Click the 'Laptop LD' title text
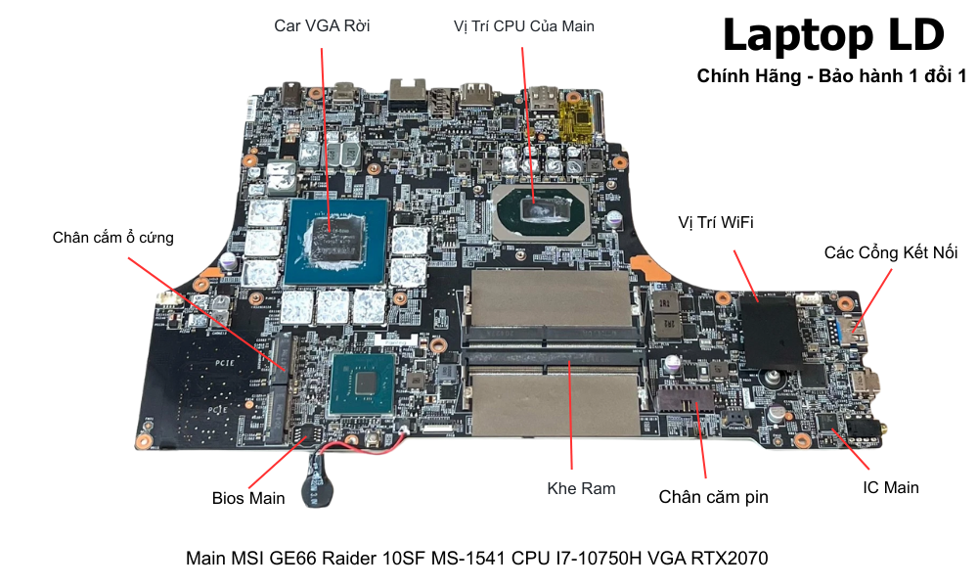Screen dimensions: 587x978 click(x=833, y=35)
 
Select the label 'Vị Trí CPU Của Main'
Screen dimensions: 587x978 click(x=524, y=26)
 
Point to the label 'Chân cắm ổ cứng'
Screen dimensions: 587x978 click(x=112, y=238)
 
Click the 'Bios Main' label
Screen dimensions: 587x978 click(x=248, y=498)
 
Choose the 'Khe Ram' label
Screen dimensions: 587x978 click(x=581, y=487)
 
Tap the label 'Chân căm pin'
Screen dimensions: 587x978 click(x=713, y=497)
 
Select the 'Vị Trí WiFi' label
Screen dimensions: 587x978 click(x=716, y=223)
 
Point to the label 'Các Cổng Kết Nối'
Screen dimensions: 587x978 click(x=890, y=252)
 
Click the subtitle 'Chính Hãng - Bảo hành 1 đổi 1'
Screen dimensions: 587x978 click(x=831, y=76)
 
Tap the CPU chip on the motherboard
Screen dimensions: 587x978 click(x=541, y=208)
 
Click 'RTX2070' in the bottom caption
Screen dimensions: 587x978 click(x=731, y=559)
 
